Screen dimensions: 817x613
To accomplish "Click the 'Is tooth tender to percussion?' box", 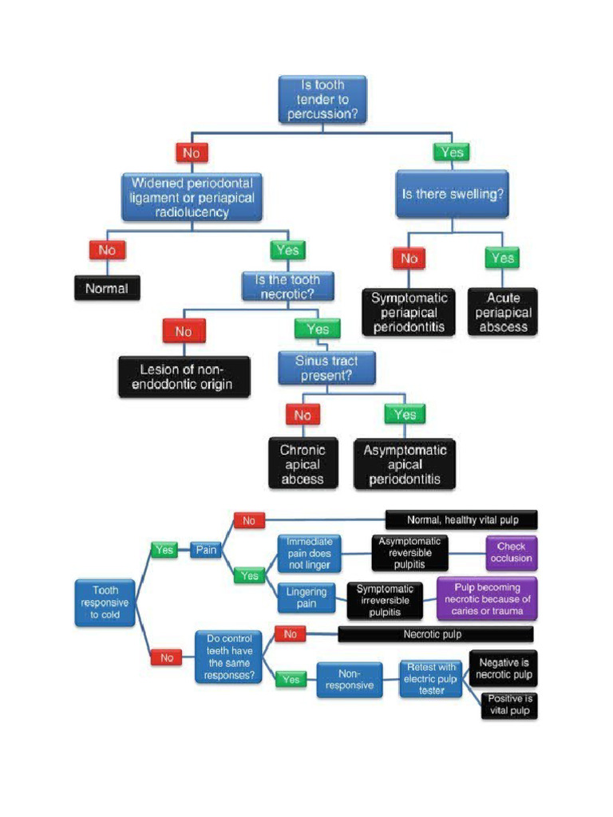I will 322,100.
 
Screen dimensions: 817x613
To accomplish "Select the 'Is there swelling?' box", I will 453,194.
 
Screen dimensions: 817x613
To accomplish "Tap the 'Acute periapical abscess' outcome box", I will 503,312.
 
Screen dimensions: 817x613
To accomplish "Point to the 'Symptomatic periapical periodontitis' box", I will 409,312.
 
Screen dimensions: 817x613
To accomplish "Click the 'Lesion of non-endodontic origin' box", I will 184,377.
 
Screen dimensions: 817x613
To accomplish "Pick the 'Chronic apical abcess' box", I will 303,464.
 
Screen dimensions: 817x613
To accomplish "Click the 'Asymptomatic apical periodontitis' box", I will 405,464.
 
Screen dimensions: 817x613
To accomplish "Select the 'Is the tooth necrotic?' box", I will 287,286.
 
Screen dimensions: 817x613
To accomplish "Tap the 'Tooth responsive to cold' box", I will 105,602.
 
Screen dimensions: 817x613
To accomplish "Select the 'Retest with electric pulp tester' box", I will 431,678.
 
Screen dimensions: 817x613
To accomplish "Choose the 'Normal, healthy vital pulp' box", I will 462,520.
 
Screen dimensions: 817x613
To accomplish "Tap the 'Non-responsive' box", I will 349,679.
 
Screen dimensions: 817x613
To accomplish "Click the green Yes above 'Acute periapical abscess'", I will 503,258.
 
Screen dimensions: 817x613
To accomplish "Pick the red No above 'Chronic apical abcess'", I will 303,415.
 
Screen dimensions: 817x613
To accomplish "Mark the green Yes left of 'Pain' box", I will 164,550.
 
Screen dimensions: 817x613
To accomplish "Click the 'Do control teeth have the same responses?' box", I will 229,657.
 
